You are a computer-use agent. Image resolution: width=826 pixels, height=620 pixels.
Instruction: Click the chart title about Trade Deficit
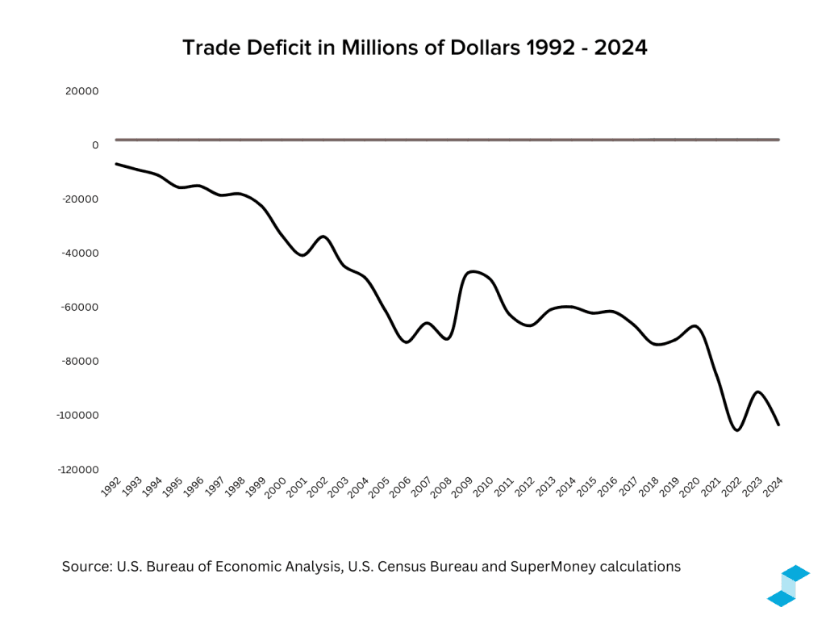(x=415, y=48)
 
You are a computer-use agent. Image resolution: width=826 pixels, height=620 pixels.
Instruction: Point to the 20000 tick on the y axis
(x=82, y=91)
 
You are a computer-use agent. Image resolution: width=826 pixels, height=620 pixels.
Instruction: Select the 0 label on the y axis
(x=95, y=145)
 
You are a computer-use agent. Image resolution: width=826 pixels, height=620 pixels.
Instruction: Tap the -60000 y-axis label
(x=80, y=307)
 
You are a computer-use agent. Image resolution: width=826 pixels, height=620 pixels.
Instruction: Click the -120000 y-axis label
(x=77, y=469)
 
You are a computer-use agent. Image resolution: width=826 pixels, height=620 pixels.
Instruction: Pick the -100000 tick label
(x=77, y=415)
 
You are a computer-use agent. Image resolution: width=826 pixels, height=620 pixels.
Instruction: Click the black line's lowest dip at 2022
(x=736, y=430)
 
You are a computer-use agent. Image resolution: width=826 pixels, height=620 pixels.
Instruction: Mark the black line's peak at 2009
(x=474, y=271)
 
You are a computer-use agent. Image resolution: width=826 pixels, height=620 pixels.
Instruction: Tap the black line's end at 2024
(x=778, y=425)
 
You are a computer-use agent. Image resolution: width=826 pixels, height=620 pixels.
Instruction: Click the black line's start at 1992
(x=116, y=164)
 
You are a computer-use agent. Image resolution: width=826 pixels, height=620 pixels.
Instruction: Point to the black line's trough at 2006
(x=407, y=342)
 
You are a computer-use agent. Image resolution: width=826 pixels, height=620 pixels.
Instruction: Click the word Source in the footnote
(x=86, y=567)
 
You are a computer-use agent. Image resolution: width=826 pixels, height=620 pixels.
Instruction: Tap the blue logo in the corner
(x=787, y=586)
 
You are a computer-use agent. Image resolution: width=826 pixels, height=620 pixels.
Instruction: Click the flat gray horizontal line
(x=448, y=140)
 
